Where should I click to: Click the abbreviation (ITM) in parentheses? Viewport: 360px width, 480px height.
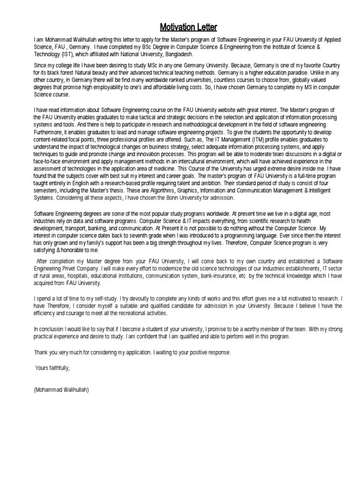pos(254,140)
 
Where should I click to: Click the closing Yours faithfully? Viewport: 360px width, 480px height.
pos(53,367)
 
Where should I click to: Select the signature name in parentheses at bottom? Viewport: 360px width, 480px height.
pos(61,390)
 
